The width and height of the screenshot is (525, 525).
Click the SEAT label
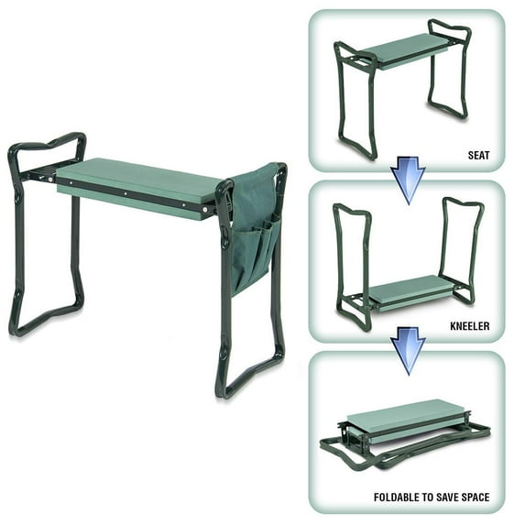[x=478, y=155]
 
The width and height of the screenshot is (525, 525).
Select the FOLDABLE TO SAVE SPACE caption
[x=431, y=498]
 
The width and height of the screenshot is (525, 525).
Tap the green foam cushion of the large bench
[x=137, y=179]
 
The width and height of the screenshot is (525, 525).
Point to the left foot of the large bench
[x=46, y=316]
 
